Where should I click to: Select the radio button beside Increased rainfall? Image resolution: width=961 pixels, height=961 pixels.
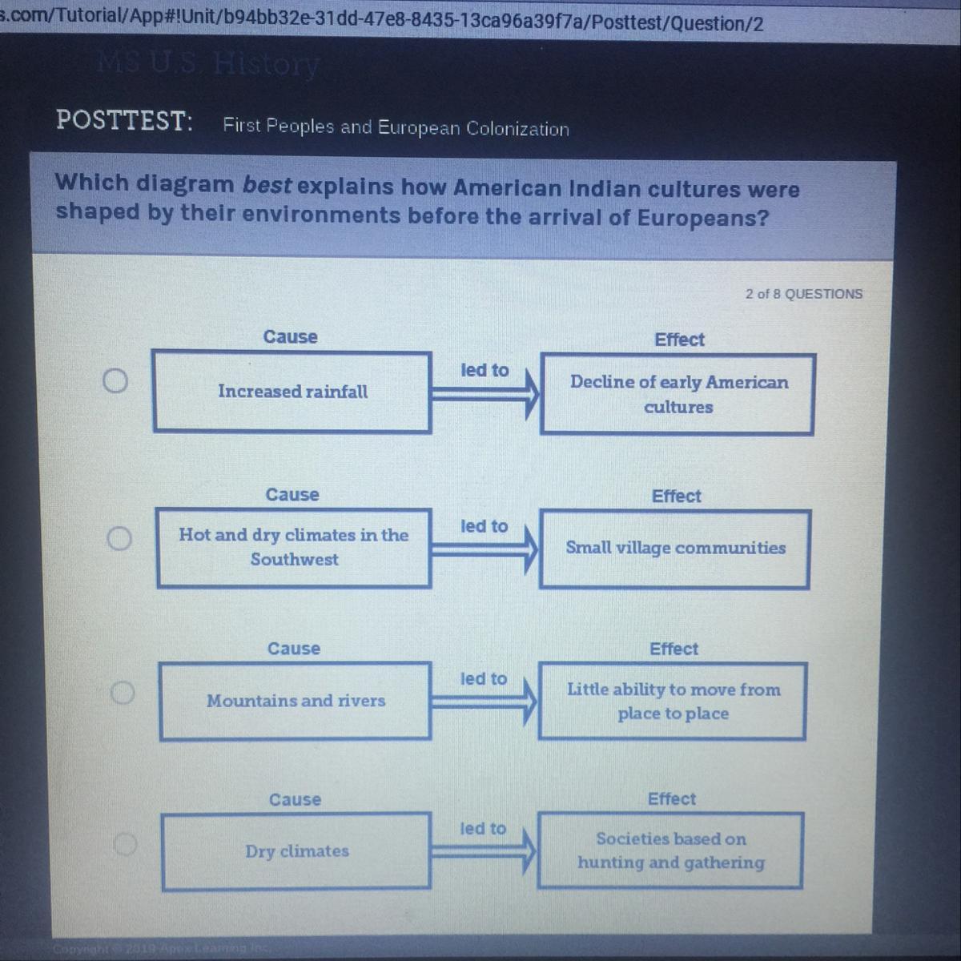tap(115, 381)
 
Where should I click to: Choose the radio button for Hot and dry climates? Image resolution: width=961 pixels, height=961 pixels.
tap(119, 538)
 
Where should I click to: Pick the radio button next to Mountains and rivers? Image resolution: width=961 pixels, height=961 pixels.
tap(122, 691)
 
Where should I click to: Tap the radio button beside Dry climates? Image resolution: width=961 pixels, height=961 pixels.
tap(125, 843)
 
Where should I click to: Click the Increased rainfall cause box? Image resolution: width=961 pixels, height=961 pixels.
tap(292, 392)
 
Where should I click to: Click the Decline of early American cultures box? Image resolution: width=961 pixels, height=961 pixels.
tap(678, 394)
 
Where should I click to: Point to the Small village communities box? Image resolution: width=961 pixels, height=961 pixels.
tap(675, 549)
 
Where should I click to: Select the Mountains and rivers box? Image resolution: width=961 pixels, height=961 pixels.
tap(296, 701)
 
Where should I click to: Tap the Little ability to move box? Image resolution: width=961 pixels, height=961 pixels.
tap(673, 701)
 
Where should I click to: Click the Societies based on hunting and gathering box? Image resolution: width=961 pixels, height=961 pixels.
tap(670, 850)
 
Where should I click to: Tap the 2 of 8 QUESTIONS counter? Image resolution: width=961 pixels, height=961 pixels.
tap(804, 294)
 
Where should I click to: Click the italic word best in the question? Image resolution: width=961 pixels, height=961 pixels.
tap(267, 184)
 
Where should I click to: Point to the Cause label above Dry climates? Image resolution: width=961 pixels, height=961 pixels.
tap(295, 799)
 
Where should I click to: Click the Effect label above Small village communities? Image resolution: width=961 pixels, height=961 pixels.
tap(676, 497)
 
